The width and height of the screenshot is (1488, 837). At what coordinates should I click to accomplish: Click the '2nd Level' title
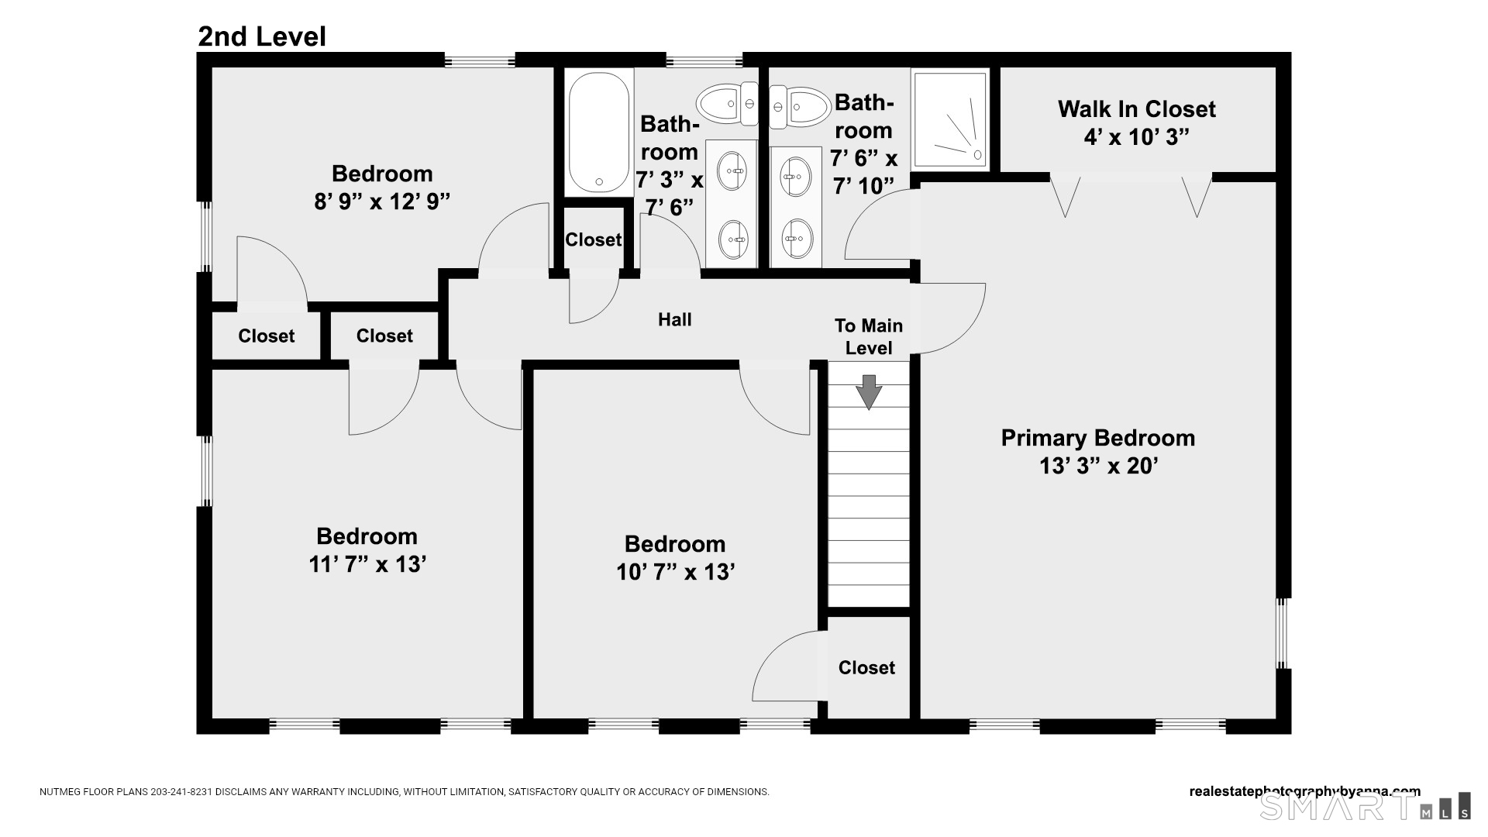point(262,36)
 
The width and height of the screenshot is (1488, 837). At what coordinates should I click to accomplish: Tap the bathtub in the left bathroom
point(598,132)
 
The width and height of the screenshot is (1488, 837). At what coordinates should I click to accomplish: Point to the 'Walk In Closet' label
point(1136,109)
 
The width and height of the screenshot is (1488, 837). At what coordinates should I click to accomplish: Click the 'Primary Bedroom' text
point(1097,438)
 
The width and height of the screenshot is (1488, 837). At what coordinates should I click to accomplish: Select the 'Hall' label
point(674,319)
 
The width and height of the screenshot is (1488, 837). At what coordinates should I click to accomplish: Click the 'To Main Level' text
point(868,336)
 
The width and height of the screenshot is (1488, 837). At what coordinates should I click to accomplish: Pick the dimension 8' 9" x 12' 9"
point(381,201)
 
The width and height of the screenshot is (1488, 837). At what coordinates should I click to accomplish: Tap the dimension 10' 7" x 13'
point(675,572)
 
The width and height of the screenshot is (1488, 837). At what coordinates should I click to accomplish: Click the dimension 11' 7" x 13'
point(367,564)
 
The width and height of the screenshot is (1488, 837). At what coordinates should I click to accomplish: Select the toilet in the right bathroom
point(801,107)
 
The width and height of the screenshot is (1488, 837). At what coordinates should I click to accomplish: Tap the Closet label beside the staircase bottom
point(866,667)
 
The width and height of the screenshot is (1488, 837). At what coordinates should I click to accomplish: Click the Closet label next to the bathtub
point(593,239)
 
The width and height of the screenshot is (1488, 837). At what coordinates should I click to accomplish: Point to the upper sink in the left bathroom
point(732,170)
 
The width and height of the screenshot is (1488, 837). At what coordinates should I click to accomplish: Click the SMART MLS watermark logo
point(1364,806)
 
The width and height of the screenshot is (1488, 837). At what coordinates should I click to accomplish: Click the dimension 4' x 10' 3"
point(1136,137)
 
